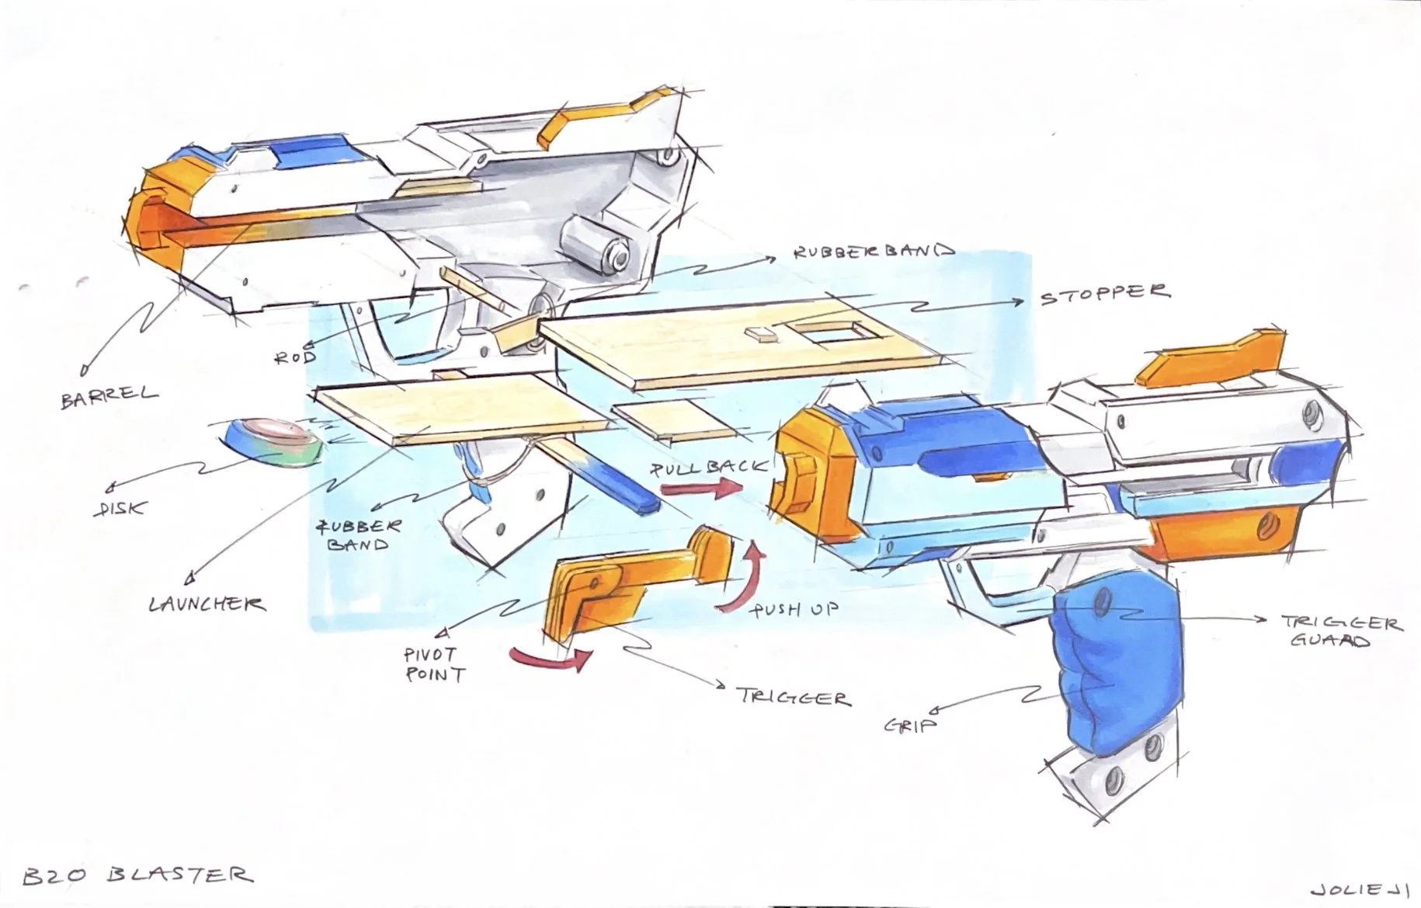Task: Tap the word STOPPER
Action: coord(1104,294)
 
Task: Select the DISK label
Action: coord(122,508)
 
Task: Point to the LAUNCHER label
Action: coord(207,604)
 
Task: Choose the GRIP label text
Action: coord(910,725)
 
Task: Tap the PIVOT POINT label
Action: coord(434,664)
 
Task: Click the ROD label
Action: coord(296,357)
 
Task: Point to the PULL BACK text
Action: coord(708,468)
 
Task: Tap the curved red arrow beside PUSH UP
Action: coord(740,579)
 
